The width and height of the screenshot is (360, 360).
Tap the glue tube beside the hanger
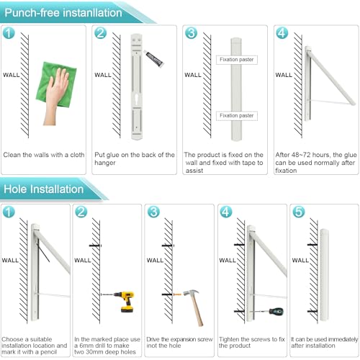(x=154, y=58)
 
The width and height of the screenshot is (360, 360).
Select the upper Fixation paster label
(x=237, y=60)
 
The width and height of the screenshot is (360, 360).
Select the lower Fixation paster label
(x=237, y=116)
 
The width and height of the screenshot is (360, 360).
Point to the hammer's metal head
(x=192, y=293)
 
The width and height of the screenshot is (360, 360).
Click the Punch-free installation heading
(x=63, y=13)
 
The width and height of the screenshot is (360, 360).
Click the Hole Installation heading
(x=44, y=189)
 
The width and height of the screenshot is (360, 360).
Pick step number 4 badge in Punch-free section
(x=282, y=33)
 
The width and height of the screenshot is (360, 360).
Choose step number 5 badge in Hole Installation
(x=298, y=212)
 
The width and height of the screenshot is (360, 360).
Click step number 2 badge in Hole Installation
(x=81, y=212)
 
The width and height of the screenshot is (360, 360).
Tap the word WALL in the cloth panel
(x=12, y=75)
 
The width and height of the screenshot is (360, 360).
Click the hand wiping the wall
(x=55, y=96)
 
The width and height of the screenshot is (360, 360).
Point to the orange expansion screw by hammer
(x=177, y=294)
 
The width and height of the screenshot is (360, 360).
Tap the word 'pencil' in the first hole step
(x=48, y=352)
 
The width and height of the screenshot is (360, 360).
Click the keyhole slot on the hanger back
(x=136, y=99)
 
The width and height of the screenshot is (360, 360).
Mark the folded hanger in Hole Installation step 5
(x=325, y=275)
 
